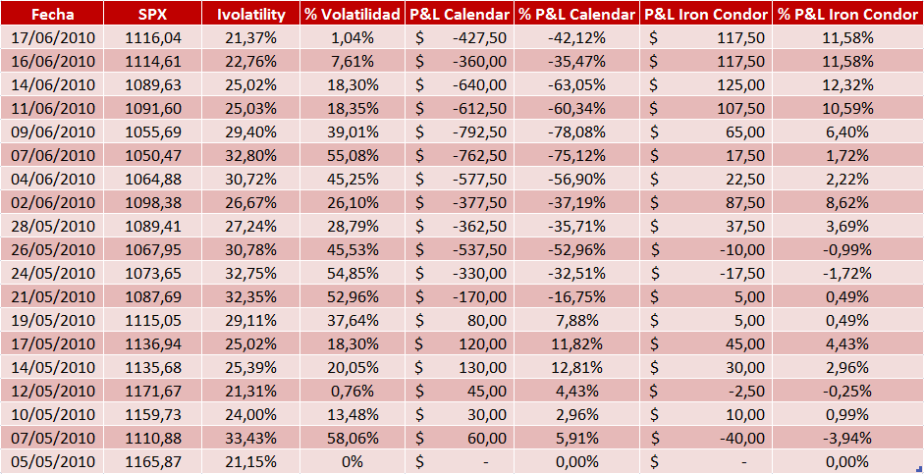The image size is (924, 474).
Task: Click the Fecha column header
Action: tap(53, 15)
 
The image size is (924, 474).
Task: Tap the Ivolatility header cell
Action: tap(250, 15)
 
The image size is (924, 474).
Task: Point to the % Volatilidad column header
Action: tap(352, 15)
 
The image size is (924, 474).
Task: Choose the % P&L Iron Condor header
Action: tap(846, 15)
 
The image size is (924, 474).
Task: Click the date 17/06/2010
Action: tap(53, 37)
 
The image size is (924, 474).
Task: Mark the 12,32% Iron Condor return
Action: tap(846, 84)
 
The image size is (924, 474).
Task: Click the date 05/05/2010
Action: tap(53, 461)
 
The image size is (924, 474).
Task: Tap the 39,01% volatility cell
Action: tap(352, 132)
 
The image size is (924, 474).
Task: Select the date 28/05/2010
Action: tap(53, 225)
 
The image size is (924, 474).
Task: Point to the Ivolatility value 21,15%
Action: tap(250, 461)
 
